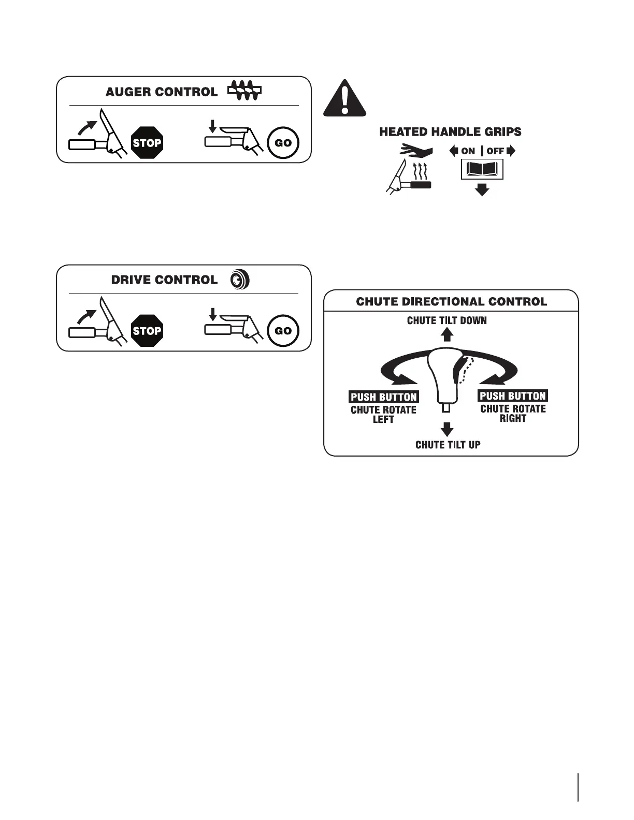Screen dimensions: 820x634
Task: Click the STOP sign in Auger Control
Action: click(147, 142)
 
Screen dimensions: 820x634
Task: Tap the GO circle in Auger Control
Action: click(283, 142)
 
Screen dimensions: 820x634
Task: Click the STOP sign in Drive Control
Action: click(147, 330)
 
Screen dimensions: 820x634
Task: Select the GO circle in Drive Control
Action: click(283, 330)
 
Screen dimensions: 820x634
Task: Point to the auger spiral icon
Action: click(244, 91)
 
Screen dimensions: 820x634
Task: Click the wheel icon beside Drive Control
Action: click(240, 280)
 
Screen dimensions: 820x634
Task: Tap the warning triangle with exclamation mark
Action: click(344, 98)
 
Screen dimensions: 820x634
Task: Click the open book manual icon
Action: click(482, 169)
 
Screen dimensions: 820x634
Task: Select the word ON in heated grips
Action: click(468, 151)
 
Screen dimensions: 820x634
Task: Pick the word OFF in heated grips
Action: click(495, 151)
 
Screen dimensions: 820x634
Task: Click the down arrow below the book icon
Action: click(482, 189)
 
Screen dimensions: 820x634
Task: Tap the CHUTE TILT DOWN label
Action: click(446, 320)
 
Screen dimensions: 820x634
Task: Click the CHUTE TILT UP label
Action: click(448, 445)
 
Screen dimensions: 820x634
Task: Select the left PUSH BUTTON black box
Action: click(383, 397)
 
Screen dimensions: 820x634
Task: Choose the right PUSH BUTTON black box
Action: click(512, 396)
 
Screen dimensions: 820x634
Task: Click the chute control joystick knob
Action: click(445, 375)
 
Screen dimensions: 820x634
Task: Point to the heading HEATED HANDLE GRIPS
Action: click(450, 132)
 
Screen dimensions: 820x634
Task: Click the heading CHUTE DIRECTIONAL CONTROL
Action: click(451, 301)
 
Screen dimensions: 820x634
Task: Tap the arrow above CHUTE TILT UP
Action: click(447, 429)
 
